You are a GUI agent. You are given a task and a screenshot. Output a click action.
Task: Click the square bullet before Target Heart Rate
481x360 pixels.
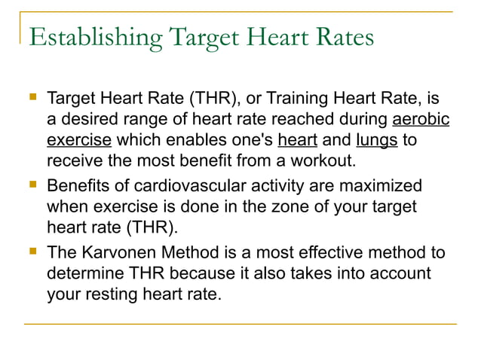click(31, 98)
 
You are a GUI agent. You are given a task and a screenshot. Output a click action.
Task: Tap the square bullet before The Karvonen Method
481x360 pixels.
click(31, 252)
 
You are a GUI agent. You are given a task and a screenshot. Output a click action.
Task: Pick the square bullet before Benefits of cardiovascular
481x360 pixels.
click(31, 185)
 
